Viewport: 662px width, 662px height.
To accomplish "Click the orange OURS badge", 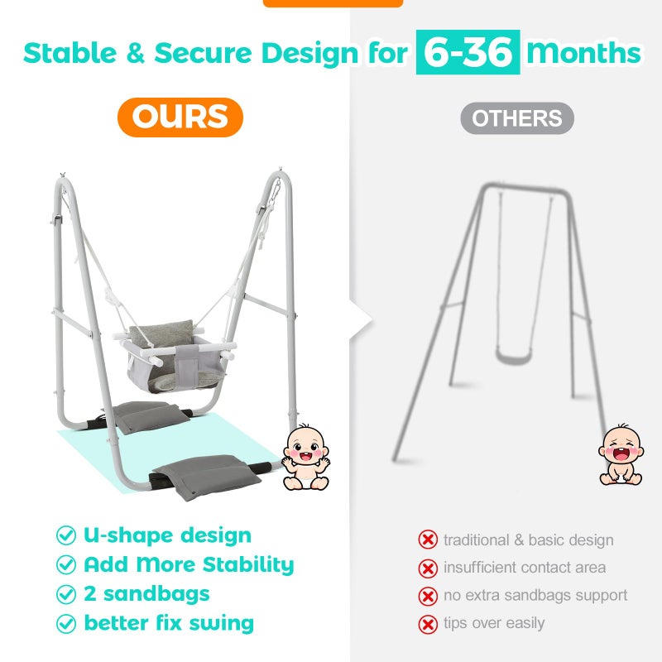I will point(180,118).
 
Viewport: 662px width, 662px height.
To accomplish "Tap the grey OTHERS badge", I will point(516,118).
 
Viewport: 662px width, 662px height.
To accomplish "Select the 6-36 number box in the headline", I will point(468,52).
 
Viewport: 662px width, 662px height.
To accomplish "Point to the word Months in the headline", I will point(584,52).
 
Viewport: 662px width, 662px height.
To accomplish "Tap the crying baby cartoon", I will point(621,454).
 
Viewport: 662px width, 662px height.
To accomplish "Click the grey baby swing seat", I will point(175,357).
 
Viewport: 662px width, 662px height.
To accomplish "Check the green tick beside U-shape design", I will point(66,535).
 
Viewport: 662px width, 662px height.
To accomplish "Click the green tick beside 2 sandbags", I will point(66,594).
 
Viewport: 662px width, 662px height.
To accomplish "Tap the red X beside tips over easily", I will point(428,624).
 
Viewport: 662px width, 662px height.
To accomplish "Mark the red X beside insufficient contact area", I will point(428,568).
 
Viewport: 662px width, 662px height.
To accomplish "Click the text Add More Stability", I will point(189,565).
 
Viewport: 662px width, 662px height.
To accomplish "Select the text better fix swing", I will point(169,623).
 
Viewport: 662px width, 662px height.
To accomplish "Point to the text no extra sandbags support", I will point(535,595).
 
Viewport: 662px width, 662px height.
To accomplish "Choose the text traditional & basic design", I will point(529,540).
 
